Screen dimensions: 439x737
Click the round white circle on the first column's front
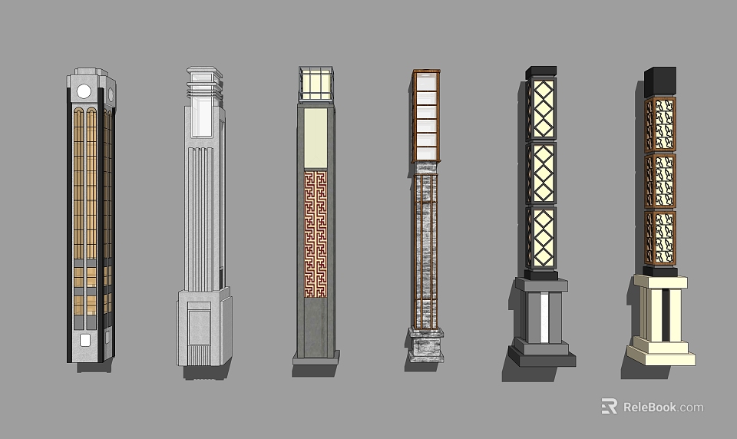(84, 91)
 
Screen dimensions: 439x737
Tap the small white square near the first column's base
(84, 339)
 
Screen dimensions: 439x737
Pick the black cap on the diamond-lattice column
(542, 73)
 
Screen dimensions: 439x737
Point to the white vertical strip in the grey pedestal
(544, 316)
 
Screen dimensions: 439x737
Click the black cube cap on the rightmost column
(659, 81)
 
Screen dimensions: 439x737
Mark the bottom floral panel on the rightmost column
(659, 237)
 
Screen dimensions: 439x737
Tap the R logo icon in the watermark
(609, 406)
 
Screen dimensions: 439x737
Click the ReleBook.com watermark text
(663, 407)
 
